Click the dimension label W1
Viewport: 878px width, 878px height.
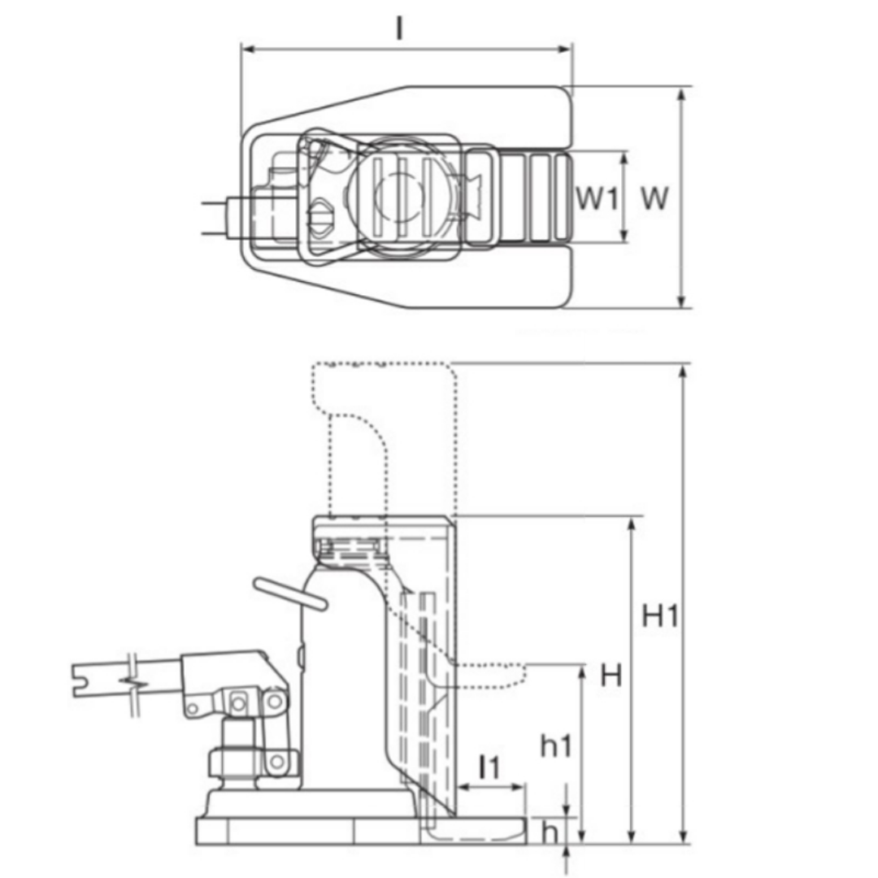(598, 198)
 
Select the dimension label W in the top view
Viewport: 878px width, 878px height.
(654, 198)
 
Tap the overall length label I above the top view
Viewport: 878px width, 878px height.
(399, 28)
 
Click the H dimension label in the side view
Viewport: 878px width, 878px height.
(611, 676)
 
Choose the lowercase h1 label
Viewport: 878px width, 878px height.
(556, 745)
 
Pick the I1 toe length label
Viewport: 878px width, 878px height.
(489, 767)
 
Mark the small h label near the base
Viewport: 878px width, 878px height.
(550, 833)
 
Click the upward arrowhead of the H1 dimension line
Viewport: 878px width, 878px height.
(683, 373)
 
